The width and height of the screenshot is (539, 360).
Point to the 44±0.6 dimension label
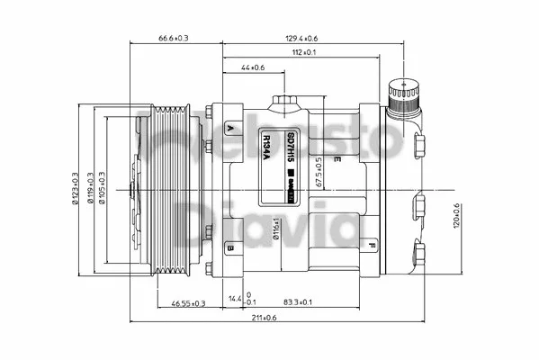pos(253,67)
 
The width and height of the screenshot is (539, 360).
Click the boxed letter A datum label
pos(231,130)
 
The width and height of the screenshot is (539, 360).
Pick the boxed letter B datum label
pos(231,247)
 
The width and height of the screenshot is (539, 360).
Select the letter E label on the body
pos(337,160)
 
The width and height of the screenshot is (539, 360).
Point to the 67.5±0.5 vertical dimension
pos(319,172)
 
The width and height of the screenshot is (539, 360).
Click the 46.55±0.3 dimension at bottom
pos(188,304)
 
